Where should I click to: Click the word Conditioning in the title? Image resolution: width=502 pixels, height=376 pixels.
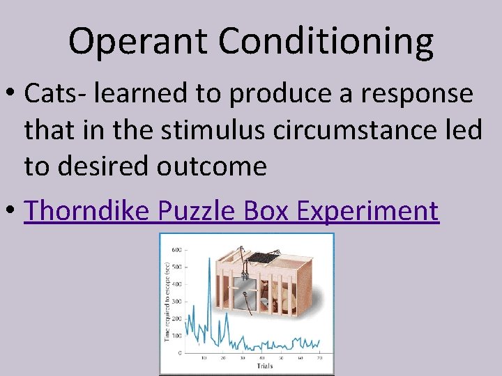click(327, 42)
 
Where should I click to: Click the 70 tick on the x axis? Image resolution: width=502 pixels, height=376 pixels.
click(320, 359)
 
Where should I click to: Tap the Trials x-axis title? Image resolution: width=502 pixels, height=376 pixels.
click(264, 366)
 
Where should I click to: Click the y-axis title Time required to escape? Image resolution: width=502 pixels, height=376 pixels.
click(167, 301)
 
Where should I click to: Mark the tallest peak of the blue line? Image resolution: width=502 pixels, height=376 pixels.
click(209, 259)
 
